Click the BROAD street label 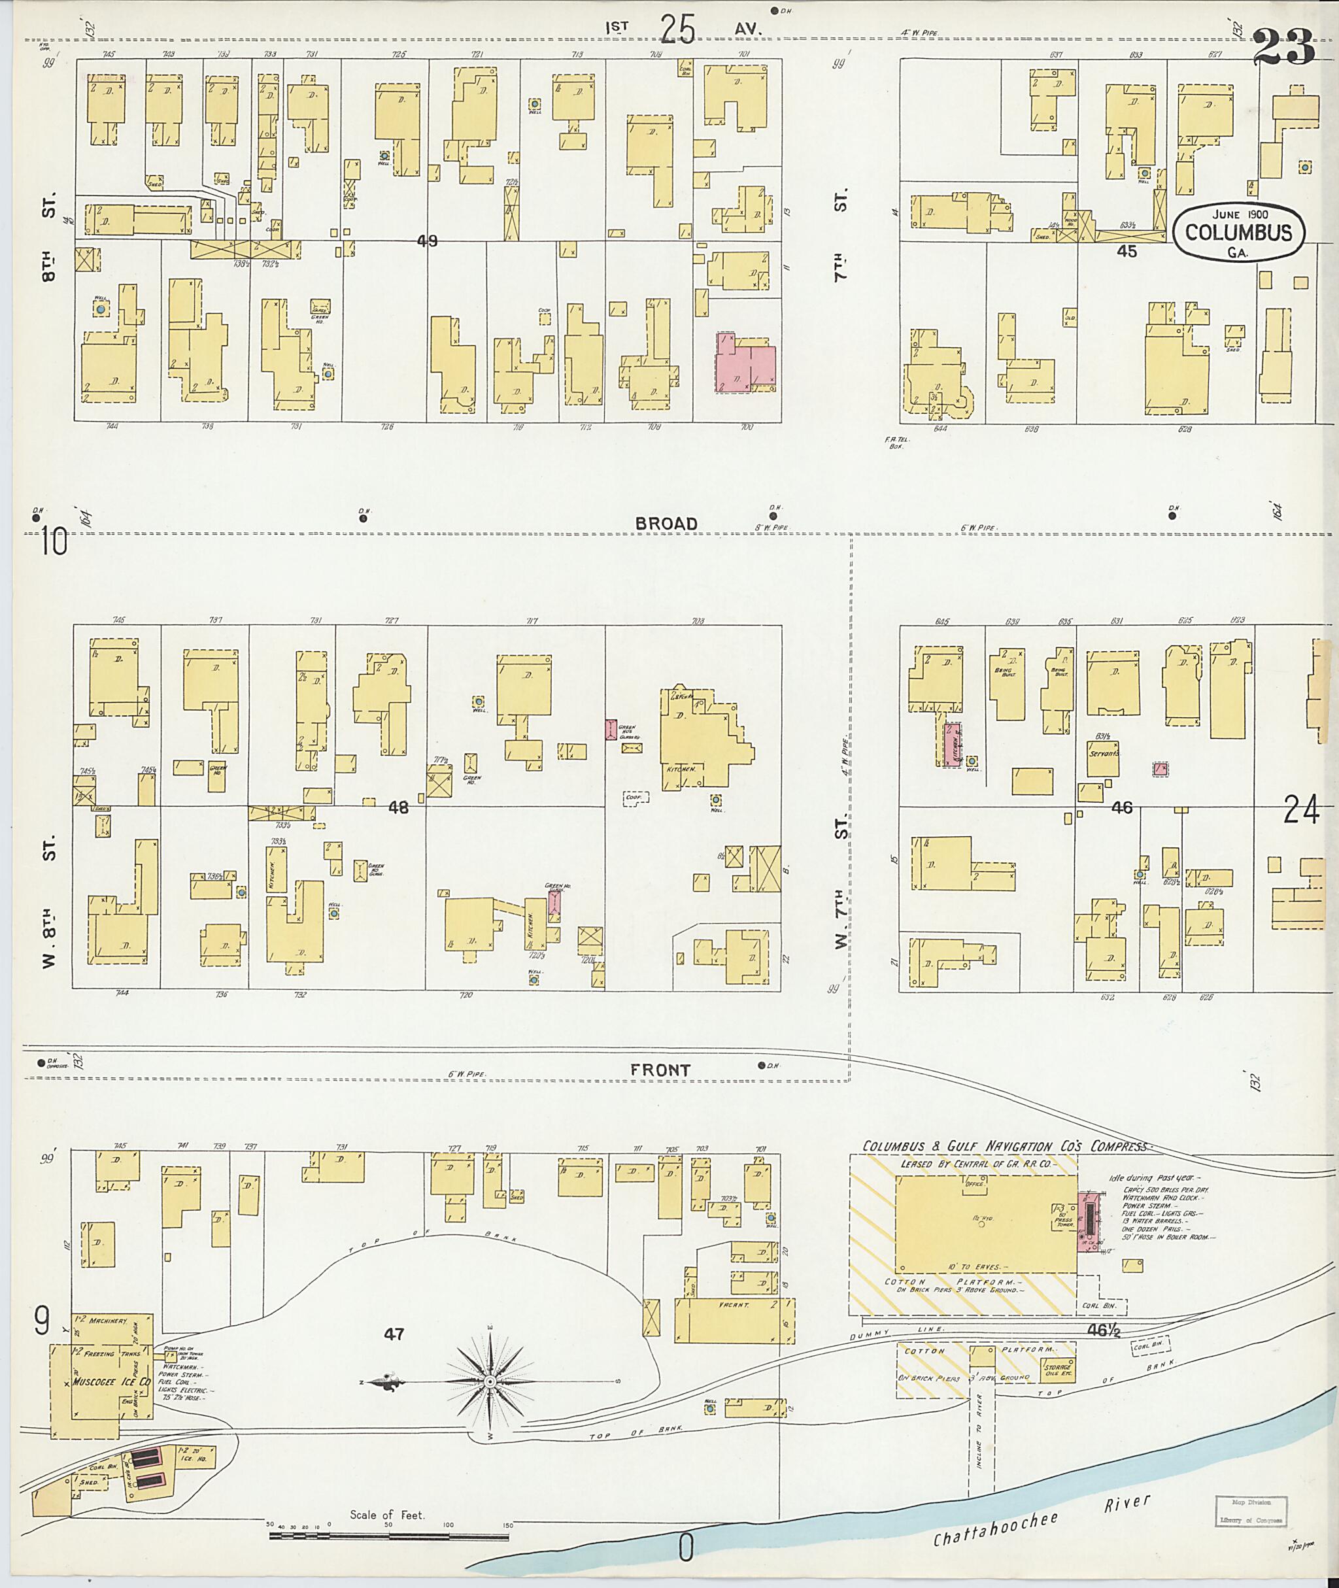[666, 524]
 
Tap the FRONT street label [660, 1070]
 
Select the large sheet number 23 [1283, 47]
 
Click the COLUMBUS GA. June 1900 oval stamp [1238, 232]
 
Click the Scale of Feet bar [388, 1536]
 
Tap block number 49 [428, 241]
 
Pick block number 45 [1127, 250]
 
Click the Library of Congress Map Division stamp [1251, 1511]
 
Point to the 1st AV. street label [683, 29]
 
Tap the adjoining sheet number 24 [1300, 810]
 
